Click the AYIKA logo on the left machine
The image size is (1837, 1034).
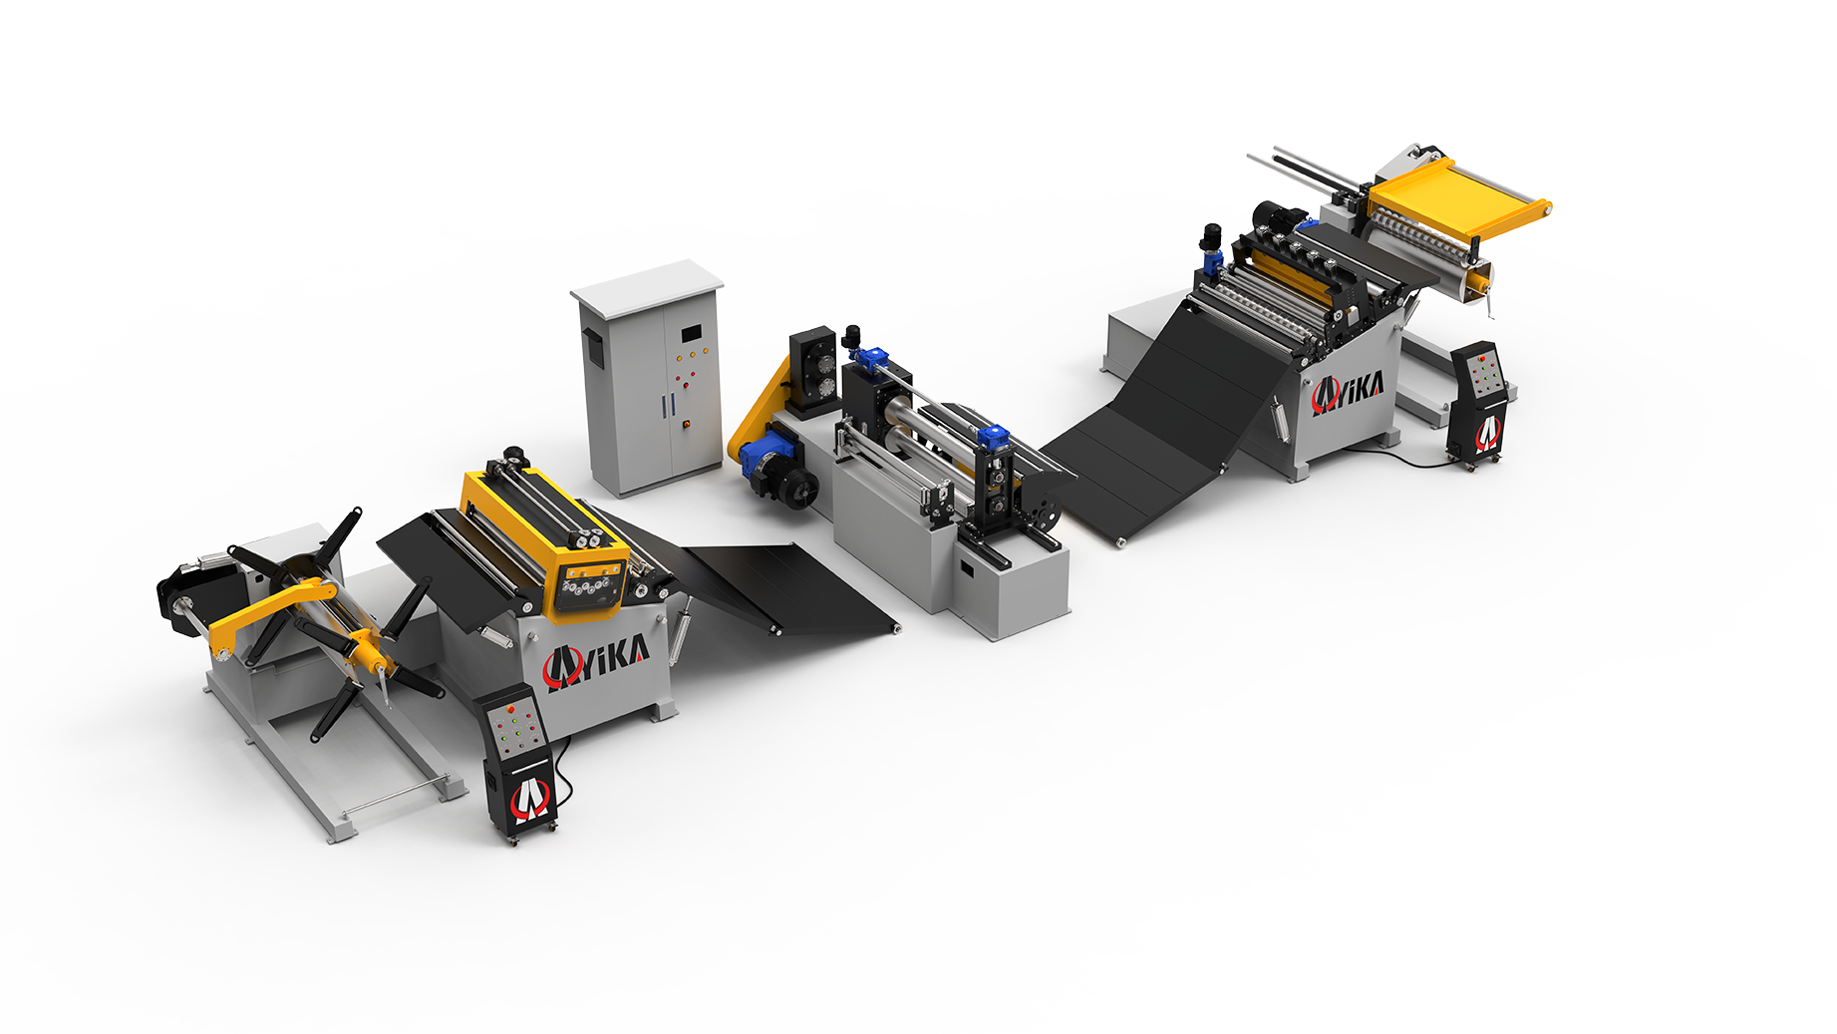pos(596,662)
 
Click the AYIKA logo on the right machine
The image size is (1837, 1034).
pos(1347,392)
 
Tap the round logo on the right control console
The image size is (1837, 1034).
pos(1487,432)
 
